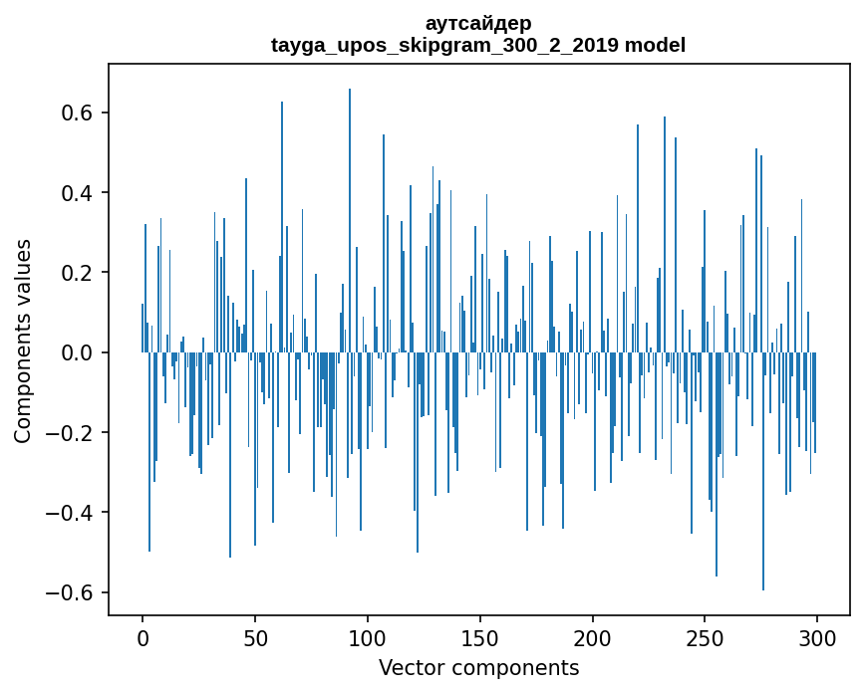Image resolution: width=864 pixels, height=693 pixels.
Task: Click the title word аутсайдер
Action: coord(478,23)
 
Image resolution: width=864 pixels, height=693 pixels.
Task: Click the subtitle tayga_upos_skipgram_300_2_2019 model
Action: coord(478,45)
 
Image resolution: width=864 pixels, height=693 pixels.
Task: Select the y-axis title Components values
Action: coord(23,341)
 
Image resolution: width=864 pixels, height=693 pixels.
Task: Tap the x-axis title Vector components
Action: coord(478,668)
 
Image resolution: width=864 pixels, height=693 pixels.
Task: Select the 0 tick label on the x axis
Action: coord(143,637)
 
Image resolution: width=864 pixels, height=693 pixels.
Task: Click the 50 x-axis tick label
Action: coord(255,637)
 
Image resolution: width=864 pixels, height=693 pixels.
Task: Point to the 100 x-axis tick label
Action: coord(368,637)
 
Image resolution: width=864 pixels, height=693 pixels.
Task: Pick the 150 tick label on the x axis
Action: coord(480,637)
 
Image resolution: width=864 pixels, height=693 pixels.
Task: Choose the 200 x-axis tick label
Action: coord(593,637)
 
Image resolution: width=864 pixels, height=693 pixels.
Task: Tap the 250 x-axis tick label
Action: coord(705,637)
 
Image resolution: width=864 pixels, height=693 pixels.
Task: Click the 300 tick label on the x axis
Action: coord(817,637)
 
